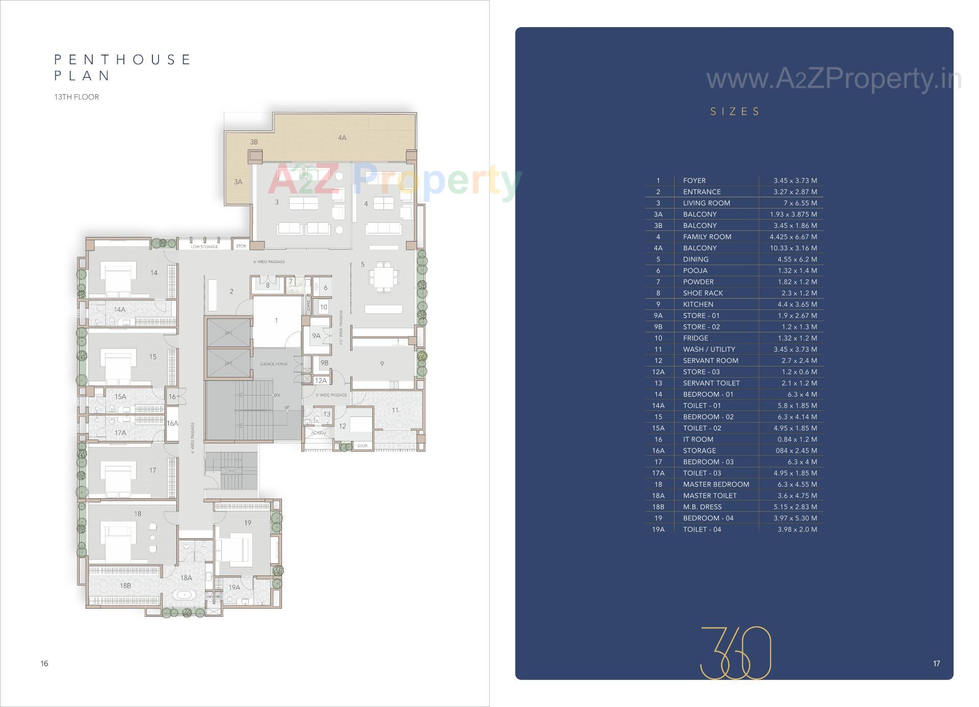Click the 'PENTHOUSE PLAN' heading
pyautogui.click(x=122, y=67)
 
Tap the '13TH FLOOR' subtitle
pyautogui.click(x=76, y=97)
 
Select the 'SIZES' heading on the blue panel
pyautogui.click(x=735, y=112)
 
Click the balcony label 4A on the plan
pyautogui.click(x=342, y=138)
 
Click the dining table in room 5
pyautogui.click(x=383, y=278)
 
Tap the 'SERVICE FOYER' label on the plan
pyautogui.click(x=274, y=364)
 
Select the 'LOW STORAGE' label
pyautogui.click(x=204, y=247)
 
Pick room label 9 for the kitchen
pyautogui.click(x=382, y=363)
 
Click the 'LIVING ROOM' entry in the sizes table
pyautogui.click(x=706, y=203)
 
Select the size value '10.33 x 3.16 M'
pyautogui.click(x=793, y=248)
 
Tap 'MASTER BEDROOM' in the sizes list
pyautogui.click(x=716, y=484)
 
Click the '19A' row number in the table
pyautogui.click(x=658, y=529)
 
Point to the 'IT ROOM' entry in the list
pyautogui.click(x=698, y=439)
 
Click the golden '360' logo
pyautogui.click(x=735, y=653)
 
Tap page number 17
pyautogui.click(x=936, y=663)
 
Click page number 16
pyautogui.click(x=44, y=663)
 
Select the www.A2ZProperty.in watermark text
pyautogui.click(x=833, y=80)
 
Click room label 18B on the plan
pyautogui.click(x=125, y=586)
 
